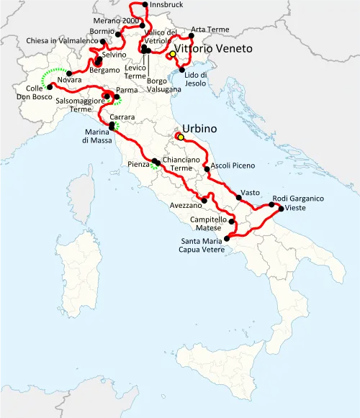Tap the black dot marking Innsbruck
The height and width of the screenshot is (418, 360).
[145, 5]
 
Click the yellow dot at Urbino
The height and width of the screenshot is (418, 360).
[181, 137]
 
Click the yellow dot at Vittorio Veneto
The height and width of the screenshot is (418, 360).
[172, 55]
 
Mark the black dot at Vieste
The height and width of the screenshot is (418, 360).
[281, 209]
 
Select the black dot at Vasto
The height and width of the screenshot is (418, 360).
[239, 196]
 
